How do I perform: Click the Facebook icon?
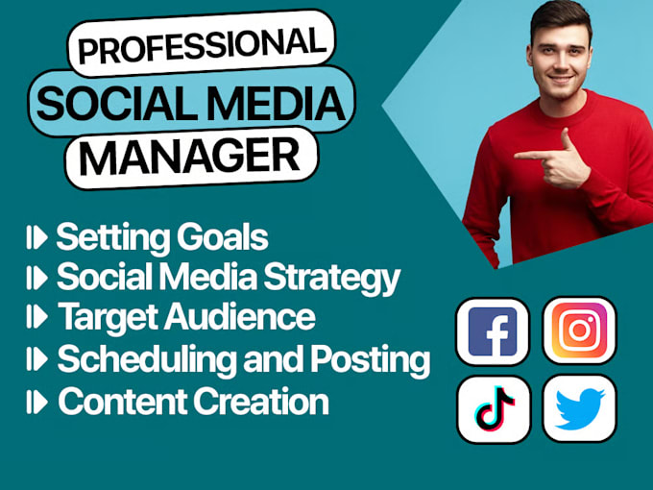493,331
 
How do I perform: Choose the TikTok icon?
493,408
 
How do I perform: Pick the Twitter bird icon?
580,408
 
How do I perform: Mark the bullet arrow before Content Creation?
37,402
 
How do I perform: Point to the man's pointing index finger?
523,154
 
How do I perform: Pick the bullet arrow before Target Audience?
37,318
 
